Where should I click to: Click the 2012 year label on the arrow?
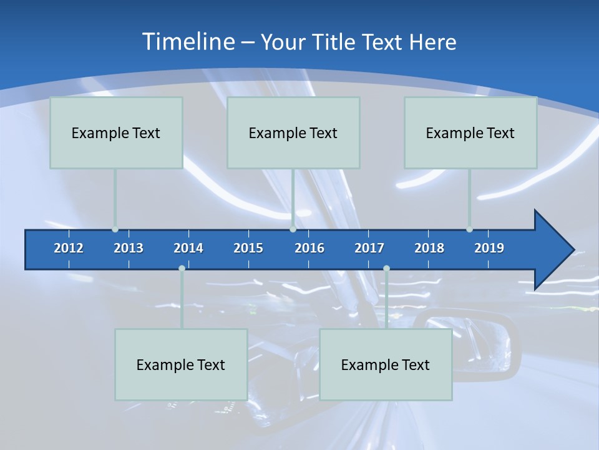pos(69,248)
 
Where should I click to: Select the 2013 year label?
pos(129,248)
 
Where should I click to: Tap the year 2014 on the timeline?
pos(188,248)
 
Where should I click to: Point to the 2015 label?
pos(248,248)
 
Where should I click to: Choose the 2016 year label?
pos(309,248)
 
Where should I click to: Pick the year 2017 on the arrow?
pos(369,248)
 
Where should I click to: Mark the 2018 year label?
pos(429,248)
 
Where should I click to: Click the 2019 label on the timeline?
pos(489,248)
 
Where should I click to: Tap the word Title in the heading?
pos(336,42)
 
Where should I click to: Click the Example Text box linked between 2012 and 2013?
pos(116,132)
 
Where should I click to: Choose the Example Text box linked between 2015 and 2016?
pos(293,132)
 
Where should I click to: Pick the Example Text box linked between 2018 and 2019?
pos(470,132)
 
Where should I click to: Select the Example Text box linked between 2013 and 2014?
pos(181,364)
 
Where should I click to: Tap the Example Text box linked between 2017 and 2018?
pos(386,364)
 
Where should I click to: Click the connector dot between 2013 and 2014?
pos(182,269)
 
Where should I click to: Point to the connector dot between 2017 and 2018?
pos(386,269)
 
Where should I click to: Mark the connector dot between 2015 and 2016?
pos(293,229)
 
